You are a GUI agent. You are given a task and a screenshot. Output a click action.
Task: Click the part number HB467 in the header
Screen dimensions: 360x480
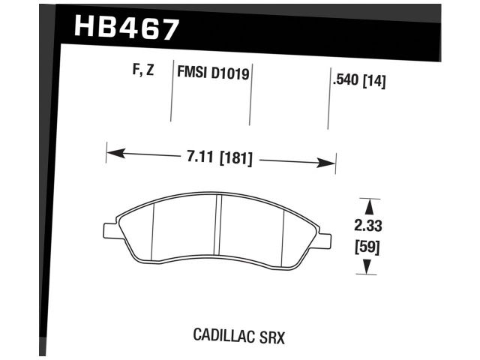pos(127,28)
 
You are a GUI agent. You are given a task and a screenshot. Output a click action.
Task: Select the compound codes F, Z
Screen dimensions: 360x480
pos(142,72)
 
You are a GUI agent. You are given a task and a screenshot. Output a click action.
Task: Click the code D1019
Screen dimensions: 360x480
pos(231,74)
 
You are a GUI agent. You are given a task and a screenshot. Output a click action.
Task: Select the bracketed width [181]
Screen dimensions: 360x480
pos(235,158)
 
